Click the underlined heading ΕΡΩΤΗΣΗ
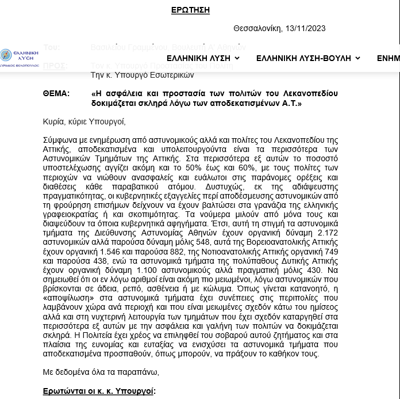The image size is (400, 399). click(x=190, y=10)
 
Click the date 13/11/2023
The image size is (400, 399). click(x=305, y=28)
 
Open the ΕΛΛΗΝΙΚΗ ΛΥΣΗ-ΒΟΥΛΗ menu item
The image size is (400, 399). click(x=308, y=58)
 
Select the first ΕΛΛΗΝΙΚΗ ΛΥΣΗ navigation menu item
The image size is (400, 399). click(x=203, y=58)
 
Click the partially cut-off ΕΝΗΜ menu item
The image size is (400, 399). click(x=388, y=58)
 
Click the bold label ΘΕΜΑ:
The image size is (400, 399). click(x=56, y=93)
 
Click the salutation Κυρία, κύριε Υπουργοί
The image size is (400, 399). click(x=84, y=121)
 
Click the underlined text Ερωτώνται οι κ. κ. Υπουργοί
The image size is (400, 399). click(x=98, y=391)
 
